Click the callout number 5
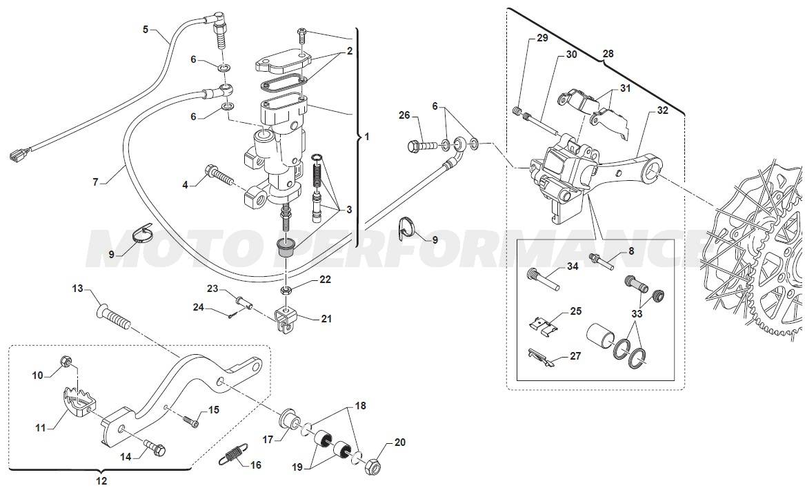tap(146, 29)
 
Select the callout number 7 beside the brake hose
tap(96, 182)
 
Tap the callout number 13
tap(77, 288)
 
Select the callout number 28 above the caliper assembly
tap(607, 52)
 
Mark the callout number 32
tap(662, 110)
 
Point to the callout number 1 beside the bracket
tap(366, 137)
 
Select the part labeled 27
tap(541, 358)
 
